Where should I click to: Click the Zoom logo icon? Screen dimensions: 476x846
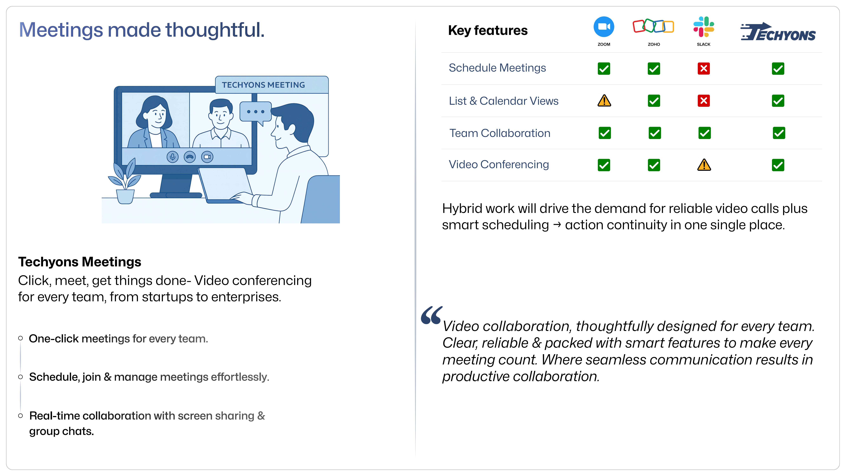(604, 27)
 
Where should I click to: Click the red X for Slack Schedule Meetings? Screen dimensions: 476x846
(703, 69)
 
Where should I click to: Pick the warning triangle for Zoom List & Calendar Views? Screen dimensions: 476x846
(604, 101)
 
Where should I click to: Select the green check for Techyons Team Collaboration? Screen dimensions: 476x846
(779, 133)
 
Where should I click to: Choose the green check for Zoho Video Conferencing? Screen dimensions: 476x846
(654, 165)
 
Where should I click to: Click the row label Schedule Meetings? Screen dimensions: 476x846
(497, 68)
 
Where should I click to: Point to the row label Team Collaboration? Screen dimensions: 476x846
(499, 133)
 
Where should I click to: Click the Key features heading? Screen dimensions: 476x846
(488, 31)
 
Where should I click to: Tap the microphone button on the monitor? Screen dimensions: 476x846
(172, 157)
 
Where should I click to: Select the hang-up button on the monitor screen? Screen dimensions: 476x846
(190, 157)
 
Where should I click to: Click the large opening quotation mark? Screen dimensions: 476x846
(431, 315)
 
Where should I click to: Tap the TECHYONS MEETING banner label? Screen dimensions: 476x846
(263, 85)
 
